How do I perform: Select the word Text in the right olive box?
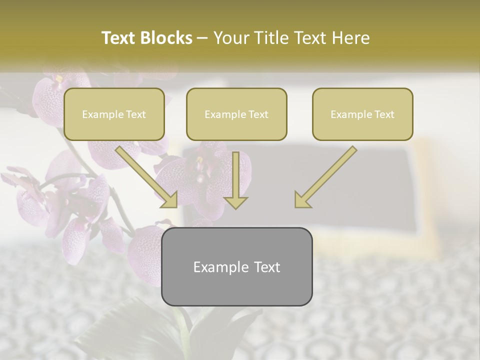pyautogui.click(x=384, y=114)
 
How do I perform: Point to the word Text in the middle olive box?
pyautogui.click(x=258, y=114)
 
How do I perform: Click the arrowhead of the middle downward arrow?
pyautogui.click(x=236, y=202)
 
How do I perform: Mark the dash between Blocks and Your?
pyautogui.click(x=202, y=38)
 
